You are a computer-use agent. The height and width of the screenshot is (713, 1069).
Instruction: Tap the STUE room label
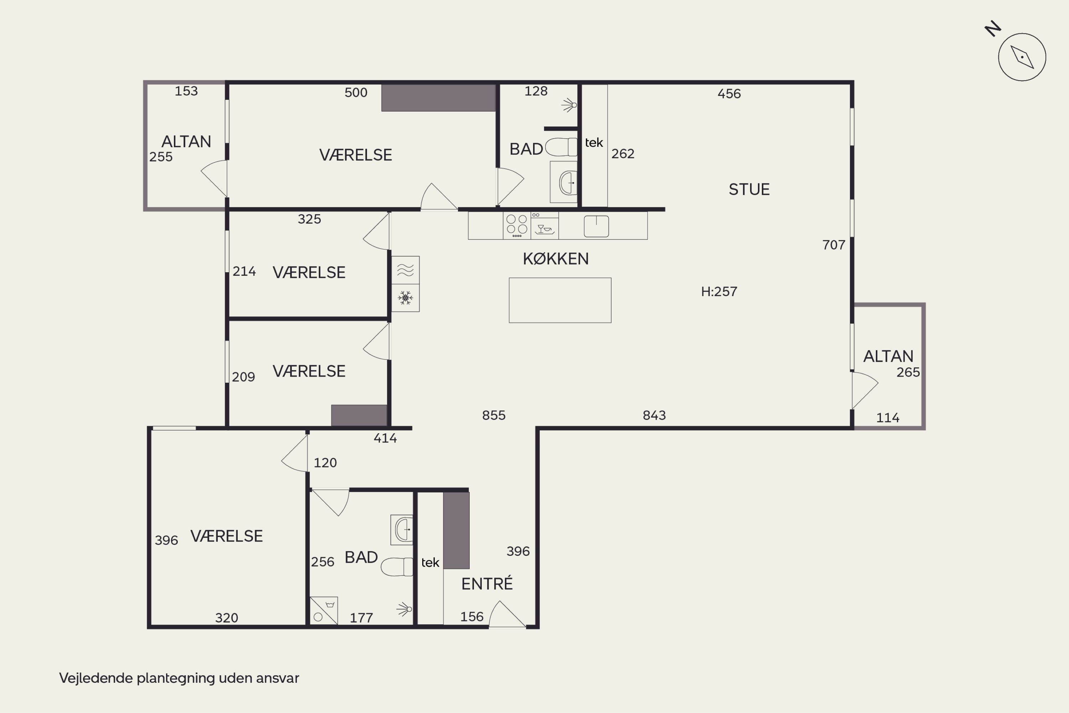click(749, 189)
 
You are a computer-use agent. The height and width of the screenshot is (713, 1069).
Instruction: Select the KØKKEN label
click(556, 259)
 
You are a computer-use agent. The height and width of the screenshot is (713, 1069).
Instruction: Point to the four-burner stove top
click(517, 226)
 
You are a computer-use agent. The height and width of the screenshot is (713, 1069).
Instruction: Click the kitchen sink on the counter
click(596, 226)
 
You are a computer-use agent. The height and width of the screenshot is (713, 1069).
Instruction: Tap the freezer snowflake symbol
click(405, 298)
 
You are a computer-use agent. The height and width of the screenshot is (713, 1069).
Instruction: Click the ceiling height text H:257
click(719, 291)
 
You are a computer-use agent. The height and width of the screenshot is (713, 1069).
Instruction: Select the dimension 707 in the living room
click(833, 245)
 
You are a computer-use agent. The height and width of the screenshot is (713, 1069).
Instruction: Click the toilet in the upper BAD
click(562, 147)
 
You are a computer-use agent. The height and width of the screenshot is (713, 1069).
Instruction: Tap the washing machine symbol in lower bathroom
click(323, 610)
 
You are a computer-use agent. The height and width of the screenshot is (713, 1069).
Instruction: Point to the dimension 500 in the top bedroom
click(356, 93)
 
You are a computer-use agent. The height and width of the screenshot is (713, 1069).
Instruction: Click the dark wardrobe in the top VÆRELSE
click(438, 98)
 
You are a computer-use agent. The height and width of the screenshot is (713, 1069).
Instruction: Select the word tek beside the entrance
click(430, 563)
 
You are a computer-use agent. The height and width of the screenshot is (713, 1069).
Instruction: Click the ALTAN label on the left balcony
click(186, 141)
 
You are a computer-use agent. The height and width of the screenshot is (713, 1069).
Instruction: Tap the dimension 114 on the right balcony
click(888, 418)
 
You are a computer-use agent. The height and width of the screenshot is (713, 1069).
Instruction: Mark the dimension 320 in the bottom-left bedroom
click(226, 618)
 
